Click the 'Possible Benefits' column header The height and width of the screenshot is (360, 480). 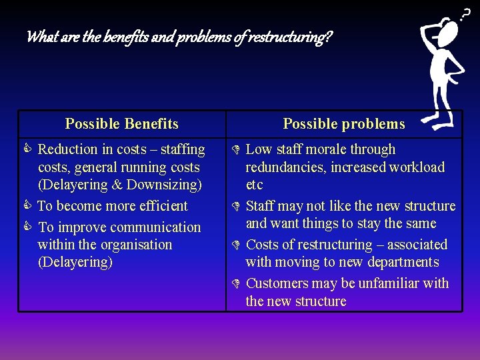pos(121,124)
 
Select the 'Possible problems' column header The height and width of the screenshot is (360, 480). pos(343,124)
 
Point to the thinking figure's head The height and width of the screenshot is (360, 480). pos(449,30)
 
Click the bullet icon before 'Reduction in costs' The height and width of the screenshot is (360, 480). pos(29,149)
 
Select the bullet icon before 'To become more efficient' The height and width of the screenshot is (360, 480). pos(29,206)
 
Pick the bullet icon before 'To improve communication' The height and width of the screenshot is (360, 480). pos(29,227)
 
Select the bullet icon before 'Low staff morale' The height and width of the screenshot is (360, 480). pos(237,149)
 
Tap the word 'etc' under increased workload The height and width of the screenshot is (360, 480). pos(254,185)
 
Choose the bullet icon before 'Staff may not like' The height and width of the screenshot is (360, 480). pos(237,207)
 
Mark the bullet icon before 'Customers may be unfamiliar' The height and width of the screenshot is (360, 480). pos(237,284)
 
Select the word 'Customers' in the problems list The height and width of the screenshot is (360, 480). pos(277,283)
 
